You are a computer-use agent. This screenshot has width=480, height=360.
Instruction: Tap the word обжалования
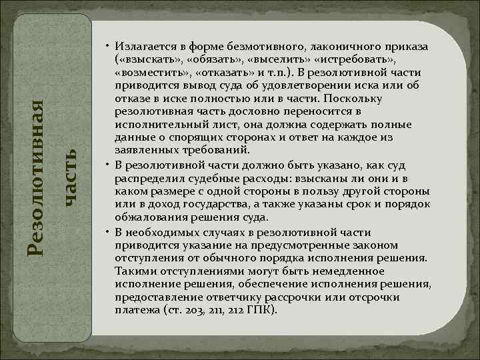[147, 216]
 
